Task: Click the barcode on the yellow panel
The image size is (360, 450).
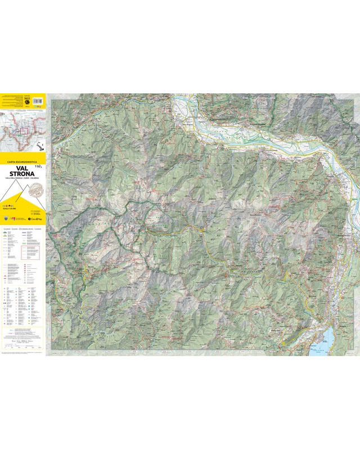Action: click(x=38, y=101)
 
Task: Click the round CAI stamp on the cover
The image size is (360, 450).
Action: click(x=37, y=190)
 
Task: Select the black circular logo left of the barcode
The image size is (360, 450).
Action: click(x=26, y=101)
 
